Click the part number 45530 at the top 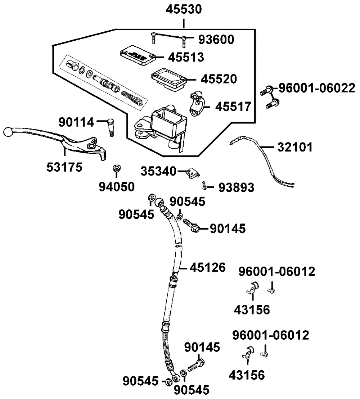tap(184, 9)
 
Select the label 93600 tap(214, 39)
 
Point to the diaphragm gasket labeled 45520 tap(168, 78)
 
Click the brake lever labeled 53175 tap(72, 142)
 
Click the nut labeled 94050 tap(116, 169)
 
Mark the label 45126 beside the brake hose tap(208, 267)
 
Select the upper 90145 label tap(228, 228)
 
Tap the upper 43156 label tap(252, 309)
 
